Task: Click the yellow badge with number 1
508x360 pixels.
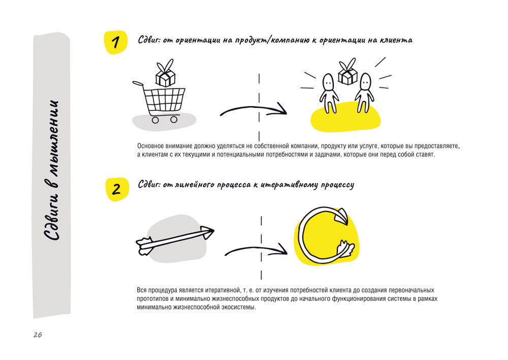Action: click(x=115, y=42)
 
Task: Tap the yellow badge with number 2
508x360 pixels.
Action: click(x=117, y=189)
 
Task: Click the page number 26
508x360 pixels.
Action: click(x=38, y=335)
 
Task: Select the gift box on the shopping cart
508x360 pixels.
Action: click(x=165, y=74)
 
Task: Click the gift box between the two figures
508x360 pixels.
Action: click(x=347, y=72)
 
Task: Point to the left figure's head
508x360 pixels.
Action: click(x=329, y=82)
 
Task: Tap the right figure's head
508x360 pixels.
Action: click(x=365, y=82)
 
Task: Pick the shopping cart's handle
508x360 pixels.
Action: click(x=138, y=83)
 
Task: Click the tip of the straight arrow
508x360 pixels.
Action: click(x=214, y=231)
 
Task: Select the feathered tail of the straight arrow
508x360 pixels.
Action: click(x=144, y=246)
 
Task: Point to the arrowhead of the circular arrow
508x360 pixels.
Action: click(x=341, y=216)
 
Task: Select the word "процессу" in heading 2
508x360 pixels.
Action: click(x=338, y=185)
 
